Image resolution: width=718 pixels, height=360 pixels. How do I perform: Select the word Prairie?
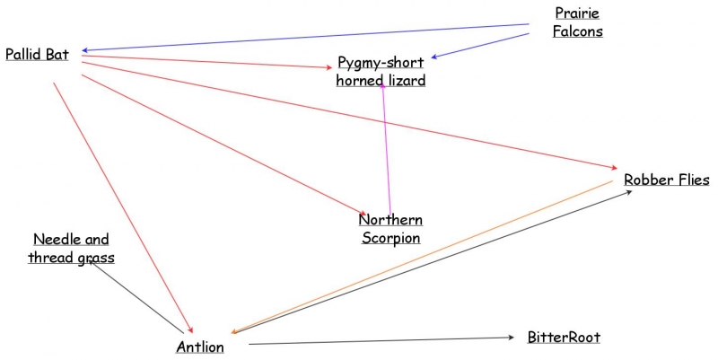click(577, 13)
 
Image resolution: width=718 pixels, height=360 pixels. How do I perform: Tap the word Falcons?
click(577, 31)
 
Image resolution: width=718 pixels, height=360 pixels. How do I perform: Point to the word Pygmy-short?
click(381, 62)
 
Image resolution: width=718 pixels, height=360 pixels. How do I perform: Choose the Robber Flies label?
click(667, 180)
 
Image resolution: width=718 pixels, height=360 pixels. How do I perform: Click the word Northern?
click(390, 220)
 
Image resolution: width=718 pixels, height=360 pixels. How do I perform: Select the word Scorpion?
click(390, 238)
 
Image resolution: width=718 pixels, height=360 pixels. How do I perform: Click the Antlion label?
click(199, 347)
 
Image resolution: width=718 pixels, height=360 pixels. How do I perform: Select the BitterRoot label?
click(564, 338)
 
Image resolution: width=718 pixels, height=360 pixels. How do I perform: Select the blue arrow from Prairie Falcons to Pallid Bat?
click(305, 38)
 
